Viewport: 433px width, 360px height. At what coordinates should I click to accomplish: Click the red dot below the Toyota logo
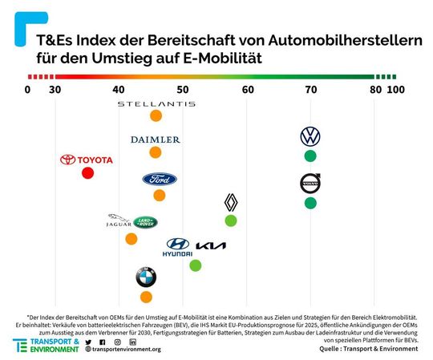point(87,173)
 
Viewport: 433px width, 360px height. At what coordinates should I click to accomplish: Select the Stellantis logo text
point(156,104)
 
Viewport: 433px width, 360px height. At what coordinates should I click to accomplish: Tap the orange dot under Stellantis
point(156,116)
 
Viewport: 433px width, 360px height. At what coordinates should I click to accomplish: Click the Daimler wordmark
point(156,140)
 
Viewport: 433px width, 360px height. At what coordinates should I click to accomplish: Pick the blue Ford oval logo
point(160,179)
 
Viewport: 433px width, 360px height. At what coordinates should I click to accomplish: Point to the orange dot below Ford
point(160,195)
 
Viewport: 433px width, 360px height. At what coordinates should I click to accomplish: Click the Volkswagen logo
point(310,136)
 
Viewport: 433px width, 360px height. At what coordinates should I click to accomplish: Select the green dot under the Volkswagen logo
point(310,156)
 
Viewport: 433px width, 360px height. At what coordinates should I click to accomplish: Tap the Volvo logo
point(310,184)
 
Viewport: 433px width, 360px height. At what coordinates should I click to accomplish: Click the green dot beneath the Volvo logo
point(310,203)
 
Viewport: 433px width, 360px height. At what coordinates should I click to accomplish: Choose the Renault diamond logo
point(231,203)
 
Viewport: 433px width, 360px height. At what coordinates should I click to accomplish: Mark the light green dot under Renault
point(231,220)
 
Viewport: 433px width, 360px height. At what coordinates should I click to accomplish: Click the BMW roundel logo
point(146,277)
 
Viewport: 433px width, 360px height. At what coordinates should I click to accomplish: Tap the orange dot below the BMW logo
point(146,297)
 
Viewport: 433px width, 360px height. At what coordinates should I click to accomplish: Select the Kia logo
point(211,245)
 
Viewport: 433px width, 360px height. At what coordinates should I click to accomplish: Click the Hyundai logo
point(177,248)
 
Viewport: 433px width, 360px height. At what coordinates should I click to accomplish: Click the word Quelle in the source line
point(330,349)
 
